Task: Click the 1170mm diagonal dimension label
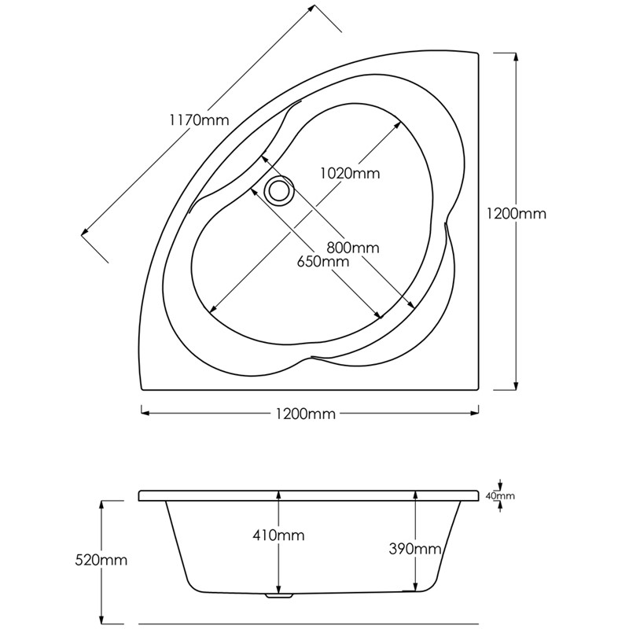pos(198,120)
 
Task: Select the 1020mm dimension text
pos(349,174)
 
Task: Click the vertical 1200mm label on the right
pos(516,213)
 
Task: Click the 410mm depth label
pos(279,535)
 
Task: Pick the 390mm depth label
pos(415,548)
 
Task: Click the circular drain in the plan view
pos(278,190)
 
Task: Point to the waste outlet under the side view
pos(278,595)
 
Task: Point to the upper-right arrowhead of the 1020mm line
pos(399,123)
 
